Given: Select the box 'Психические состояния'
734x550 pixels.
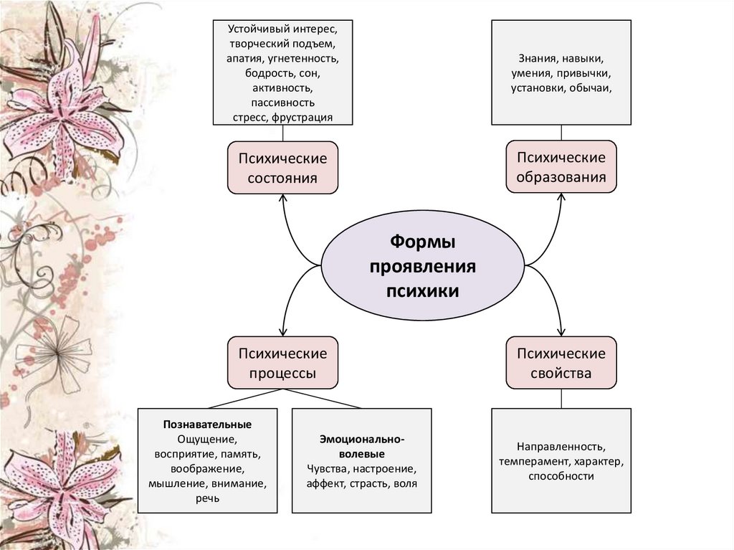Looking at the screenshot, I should [x=282, y=167].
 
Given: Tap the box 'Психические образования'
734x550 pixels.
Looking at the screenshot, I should [x=561, y=166].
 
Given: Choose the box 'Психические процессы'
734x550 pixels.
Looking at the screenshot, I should [x=282, y=363].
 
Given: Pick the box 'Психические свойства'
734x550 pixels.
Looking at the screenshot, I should [x=561, y=363].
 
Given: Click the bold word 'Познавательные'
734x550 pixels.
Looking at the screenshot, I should [x=207, y=425].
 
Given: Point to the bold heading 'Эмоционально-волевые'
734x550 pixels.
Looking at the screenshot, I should [x=362, y=446].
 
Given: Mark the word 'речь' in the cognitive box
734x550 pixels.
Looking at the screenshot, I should [x=207, y=499].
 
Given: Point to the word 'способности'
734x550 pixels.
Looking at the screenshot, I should [x=561, y=476].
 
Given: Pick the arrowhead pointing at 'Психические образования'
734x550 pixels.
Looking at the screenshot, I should [x=561, y=197].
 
